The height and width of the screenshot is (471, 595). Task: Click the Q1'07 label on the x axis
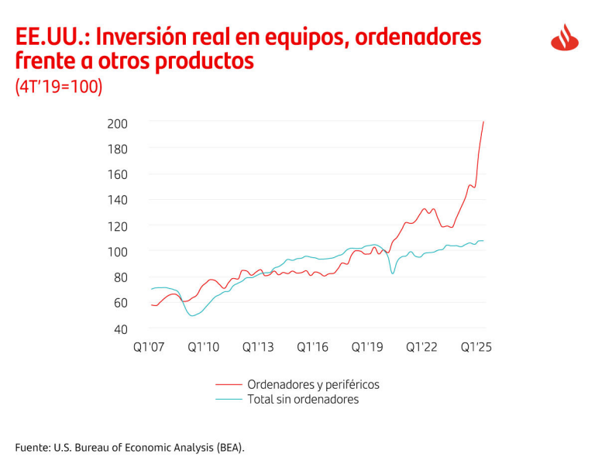click(150, 347)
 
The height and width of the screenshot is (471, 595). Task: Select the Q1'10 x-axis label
click(204, 347)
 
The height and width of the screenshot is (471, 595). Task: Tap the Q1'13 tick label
click(258, 347)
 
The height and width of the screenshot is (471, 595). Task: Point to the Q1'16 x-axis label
click(312, 347)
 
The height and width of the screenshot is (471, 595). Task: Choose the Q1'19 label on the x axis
click(367, 347)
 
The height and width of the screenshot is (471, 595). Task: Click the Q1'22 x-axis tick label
click(421, 347)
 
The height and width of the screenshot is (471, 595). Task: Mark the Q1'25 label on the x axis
click(476, 347)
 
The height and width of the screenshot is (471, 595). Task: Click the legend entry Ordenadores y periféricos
click(312, 384)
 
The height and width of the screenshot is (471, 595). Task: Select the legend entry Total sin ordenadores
click(302, 400)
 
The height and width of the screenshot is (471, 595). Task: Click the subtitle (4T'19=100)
click(59, 87)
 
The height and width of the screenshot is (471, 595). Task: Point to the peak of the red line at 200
click(484, 122)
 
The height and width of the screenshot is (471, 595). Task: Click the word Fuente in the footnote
click(32, 448)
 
